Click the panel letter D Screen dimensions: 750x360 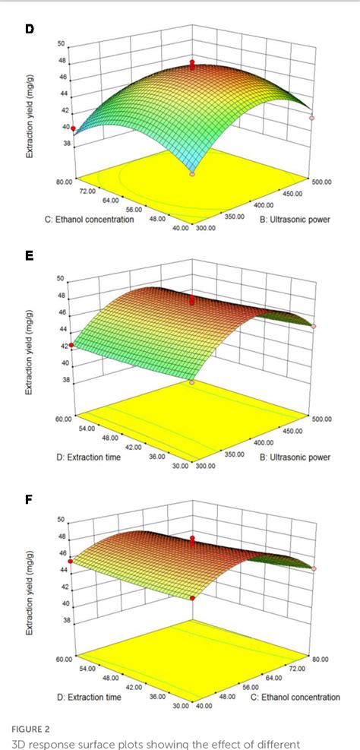pyautogui.click(x=30, y=29)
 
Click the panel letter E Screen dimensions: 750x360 pyautogui.click(x=30, y=256)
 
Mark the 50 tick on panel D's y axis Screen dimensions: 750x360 pyautogui.click(x=61, y=44)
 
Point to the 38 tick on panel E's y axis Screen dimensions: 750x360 pyautogui.click(x=61, y=379)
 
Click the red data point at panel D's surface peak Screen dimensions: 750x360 pyautogui.click(x=193, y=63)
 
